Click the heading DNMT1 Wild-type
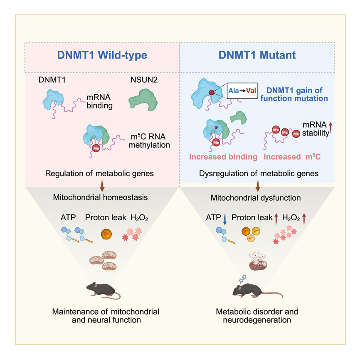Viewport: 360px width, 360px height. (102, 55)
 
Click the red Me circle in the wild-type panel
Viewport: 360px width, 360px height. (96, 148)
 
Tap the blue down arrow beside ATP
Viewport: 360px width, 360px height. (224, 220)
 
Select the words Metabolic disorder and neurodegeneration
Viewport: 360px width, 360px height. (257, 316)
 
